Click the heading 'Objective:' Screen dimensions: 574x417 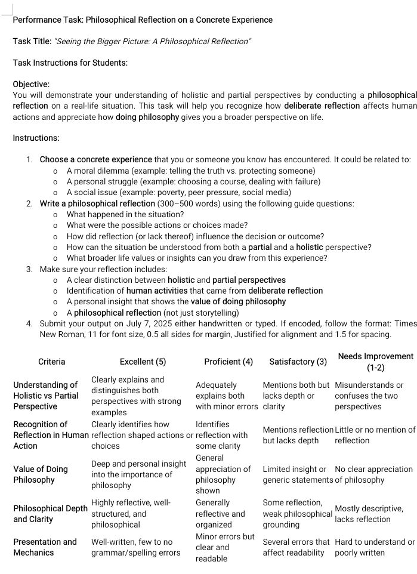coord(31,85)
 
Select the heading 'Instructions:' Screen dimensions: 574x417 coord(36,138)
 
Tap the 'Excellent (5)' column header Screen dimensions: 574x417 coord(143,362)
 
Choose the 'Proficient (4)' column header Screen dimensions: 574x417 coord(228,362)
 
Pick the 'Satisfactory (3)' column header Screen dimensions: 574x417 coord(298,362)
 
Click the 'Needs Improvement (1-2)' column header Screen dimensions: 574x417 coord(375,362)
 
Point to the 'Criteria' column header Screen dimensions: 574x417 coord(52,362)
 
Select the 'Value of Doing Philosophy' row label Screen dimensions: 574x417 coord(41,474)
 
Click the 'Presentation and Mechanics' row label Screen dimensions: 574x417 coord(45,547)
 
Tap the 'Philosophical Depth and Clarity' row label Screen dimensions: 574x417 coord(50,514)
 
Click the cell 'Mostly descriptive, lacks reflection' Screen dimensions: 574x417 coord(369,514)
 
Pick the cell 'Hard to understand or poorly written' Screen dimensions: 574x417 coord(375,547)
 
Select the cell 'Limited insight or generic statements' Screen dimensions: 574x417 coord(297,474)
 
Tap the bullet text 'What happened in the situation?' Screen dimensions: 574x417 coord(125,214)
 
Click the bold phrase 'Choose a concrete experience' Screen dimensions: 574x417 coord(96,159)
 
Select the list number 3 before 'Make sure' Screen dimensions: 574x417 coord(29,269)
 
